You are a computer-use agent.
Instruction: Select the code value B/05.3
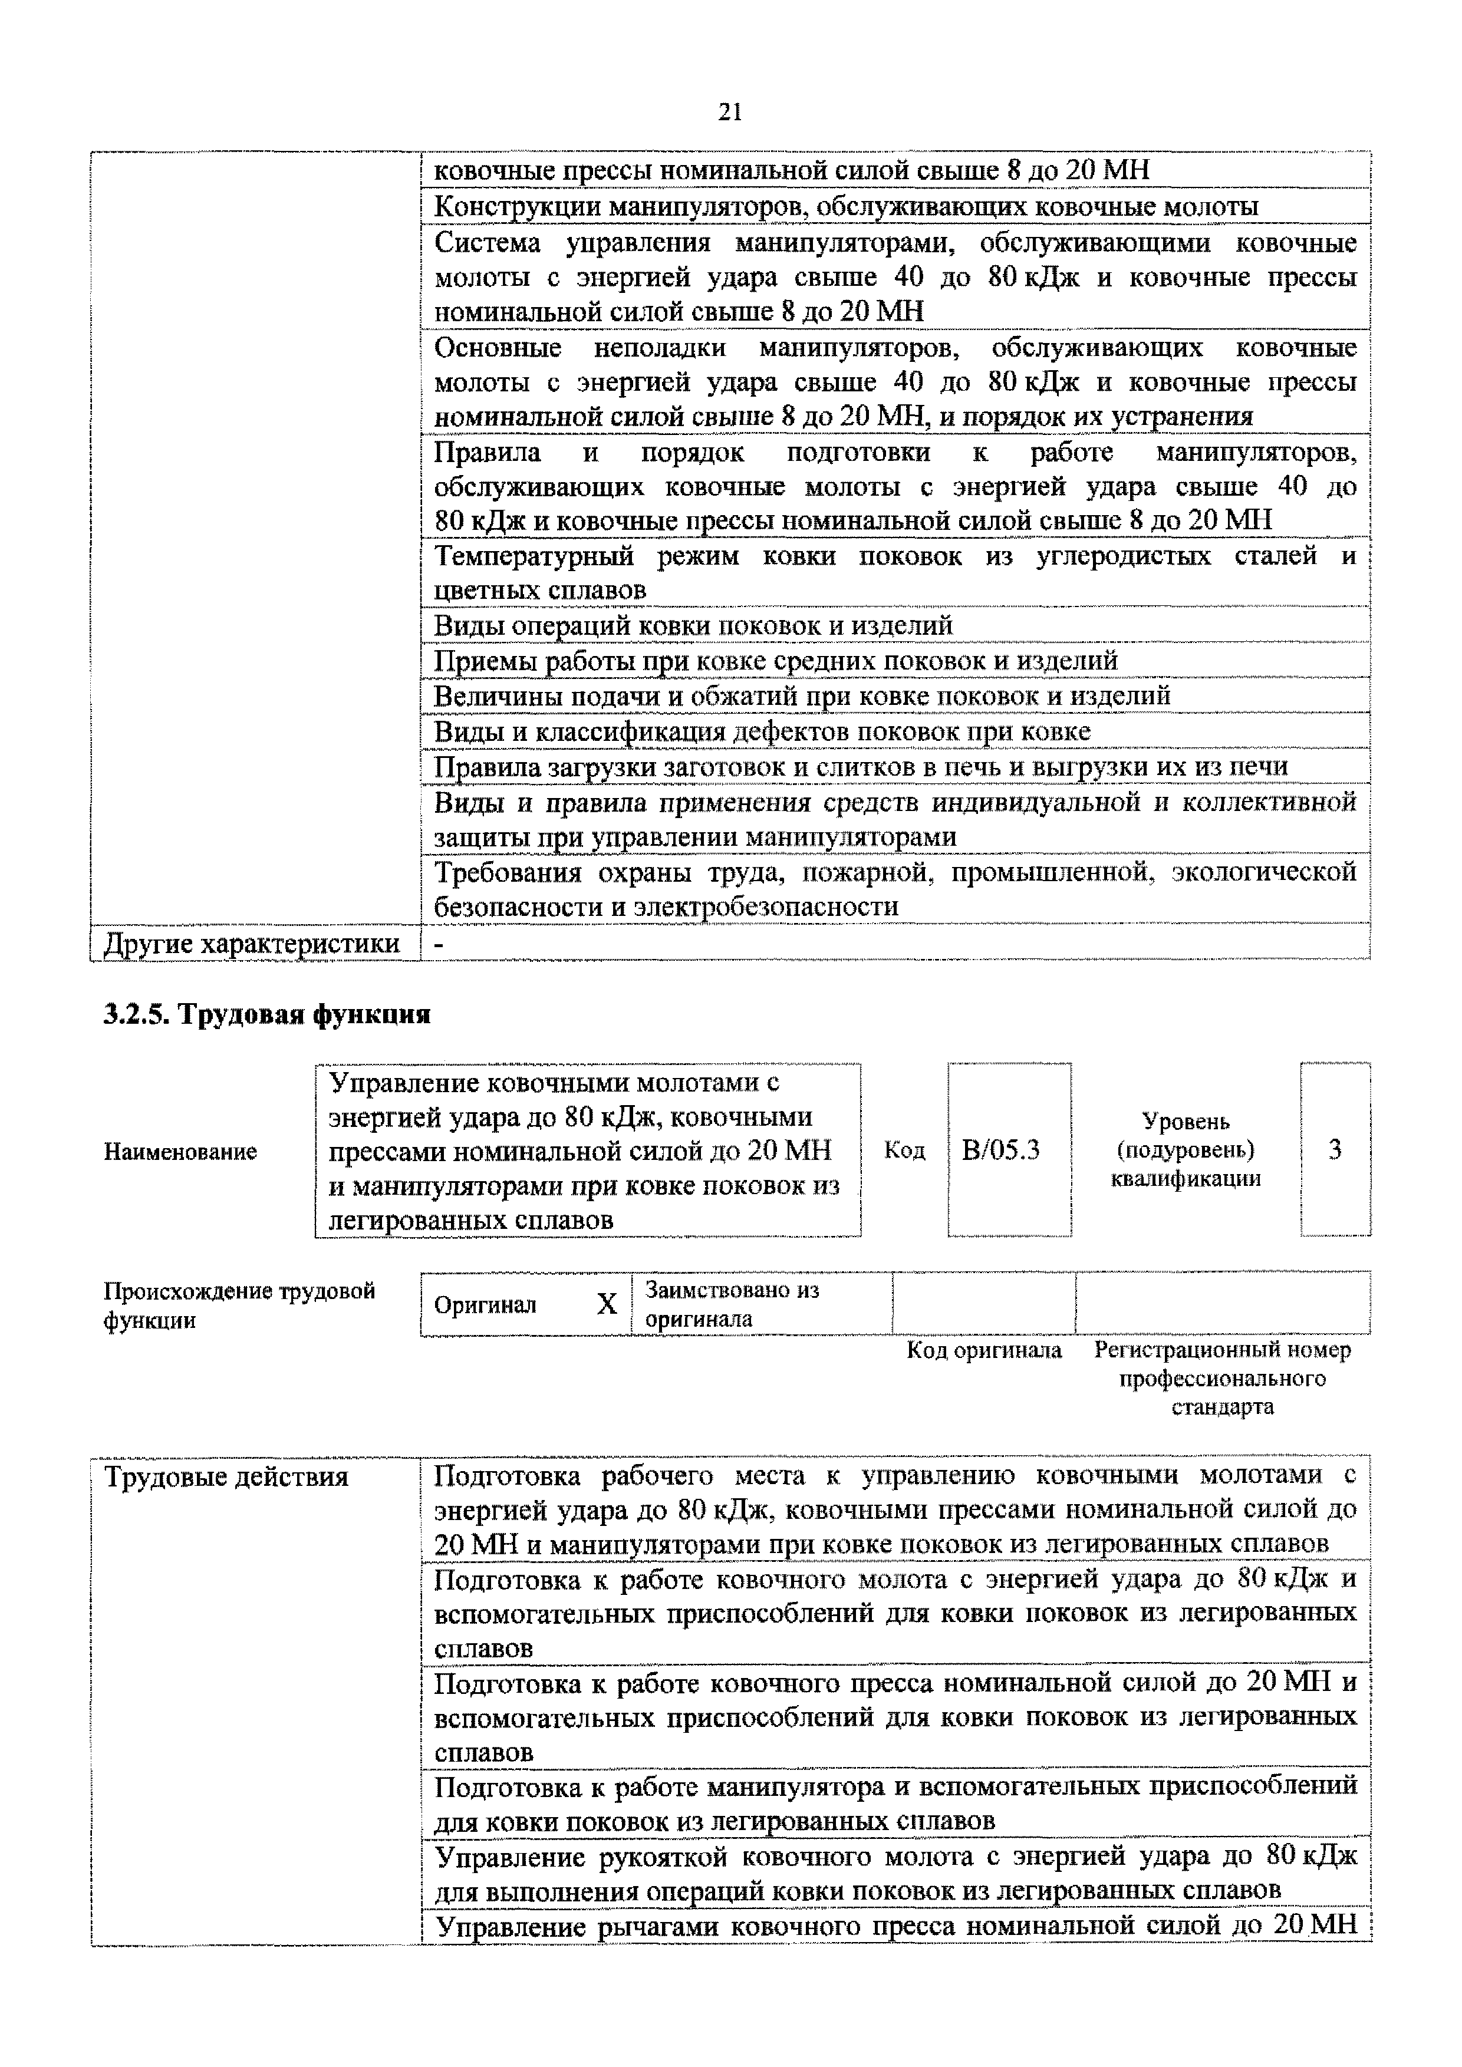pos(1000,1150)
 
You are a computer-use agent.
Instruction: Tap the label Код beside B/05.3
pos(905,1150)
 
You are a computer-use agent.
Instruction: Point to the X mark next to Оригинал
pos(607,1304)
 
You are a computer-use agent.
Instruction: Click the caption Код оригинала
pos(984,1350)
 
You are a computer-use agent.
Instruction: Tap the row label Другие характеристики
pos(252,944)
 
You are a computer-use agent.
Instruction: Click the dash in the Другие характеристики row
pos(439,944)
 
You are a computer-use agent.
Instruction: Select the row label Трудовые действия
pos(227,1478)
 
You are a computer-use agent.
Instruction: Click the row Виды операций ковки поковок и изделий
pos(693,625)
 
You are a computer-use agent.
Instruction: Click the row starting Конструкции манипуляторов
pos(846,207)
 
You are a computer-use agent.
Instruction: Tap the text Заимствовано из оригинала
pos(731,1304)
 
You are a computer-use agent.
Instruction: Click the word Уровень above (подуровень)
pos(1186,1122)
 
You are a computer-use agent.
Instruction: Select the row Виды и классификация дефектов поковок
pos(762,731)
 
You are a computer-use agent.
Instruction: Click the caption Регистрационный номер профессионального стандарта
pos(1223,1379)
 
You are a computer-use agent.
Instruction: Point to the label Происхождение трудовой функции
pos(239,1306)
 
